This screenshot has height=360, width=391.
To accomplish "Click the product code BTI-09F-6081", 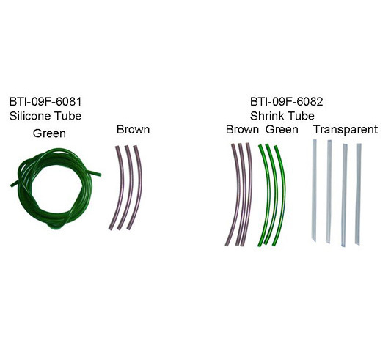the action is click(45, 102).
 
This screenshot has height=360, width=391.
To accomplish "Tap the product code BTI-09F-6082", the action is click(287, 102).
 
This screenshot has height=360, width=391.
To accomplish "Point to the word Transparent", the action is click(346, 130).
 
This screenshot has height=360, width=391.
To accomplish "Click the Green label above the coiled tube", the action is click(49, 133).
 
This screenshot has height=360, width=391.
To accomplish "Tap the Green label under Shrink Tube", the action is click(282, 130).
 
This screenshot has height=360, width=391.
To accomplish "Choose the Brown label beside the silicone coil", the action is click(134, 130).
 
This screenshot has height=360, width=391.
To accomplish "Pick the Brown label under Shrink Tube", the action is click(242, 130).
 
